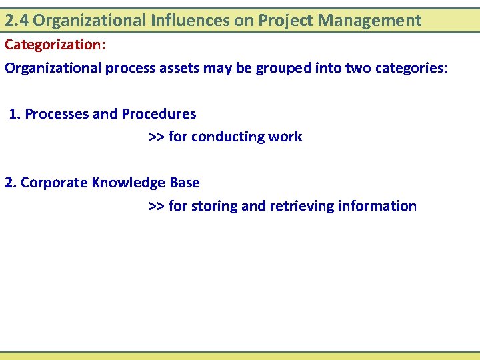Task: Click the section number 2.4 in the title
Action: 17,21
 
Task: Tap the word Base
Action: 185,183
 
